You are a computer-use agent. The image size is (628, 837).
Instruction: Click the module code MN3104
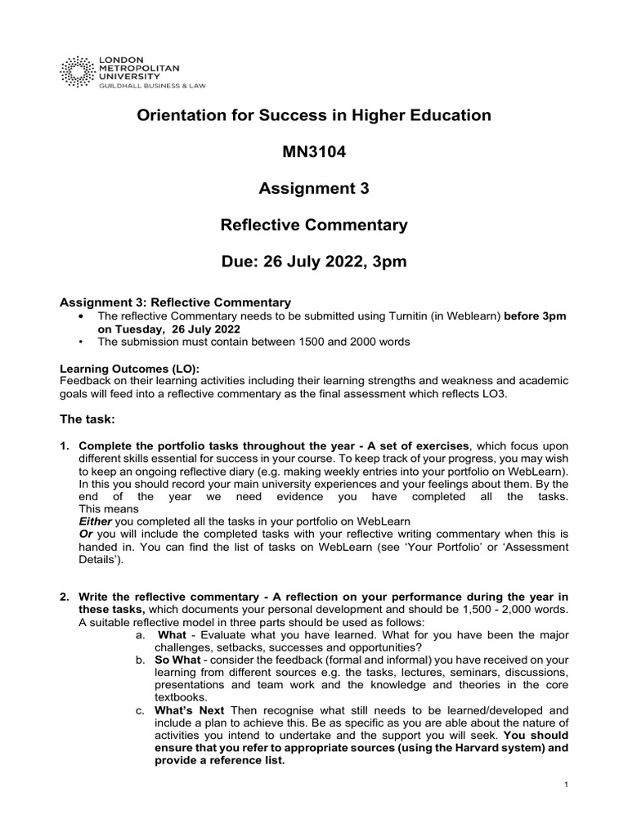[314, 152]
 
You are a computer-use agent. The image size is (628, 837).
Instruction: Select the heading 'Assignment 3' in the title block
[314, 189]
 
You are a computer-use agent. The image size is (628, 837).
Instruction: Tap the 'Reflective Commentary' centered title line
[314, 226]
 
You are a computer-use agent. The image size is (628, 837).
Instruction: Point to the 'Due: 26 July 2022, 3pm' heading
[314, 262]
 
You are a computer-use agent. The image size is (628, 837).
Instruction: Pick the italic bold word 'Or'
[85, 533]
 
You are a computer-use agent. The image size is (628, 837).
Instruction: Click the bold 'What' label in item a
[172, 634]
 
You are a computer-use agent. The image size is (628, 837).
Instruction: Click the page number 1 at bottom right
[566, 785]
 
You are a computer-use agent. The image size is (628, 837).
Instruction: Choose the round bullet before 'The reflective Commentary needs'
[79, 316]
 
